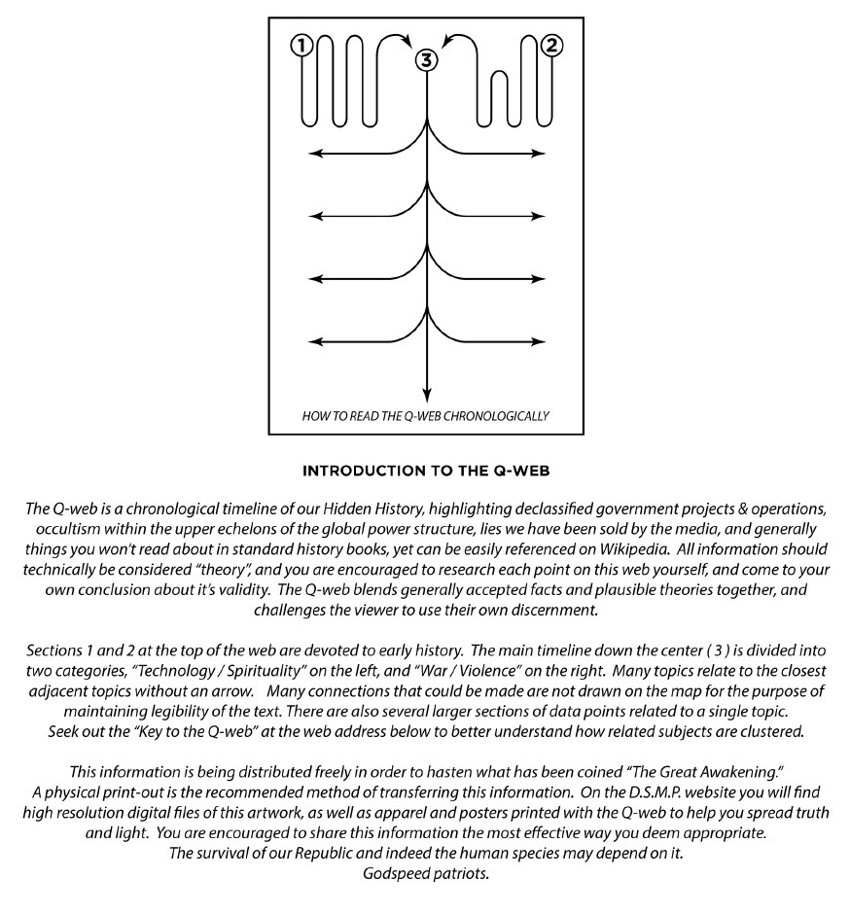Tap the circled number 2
[x=552, y=45]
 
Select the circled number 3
[x=426, y=60]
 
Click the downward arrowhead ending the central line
[x=426, y=394]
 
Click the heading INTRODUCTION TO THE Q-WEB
[x=425, y=472]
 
